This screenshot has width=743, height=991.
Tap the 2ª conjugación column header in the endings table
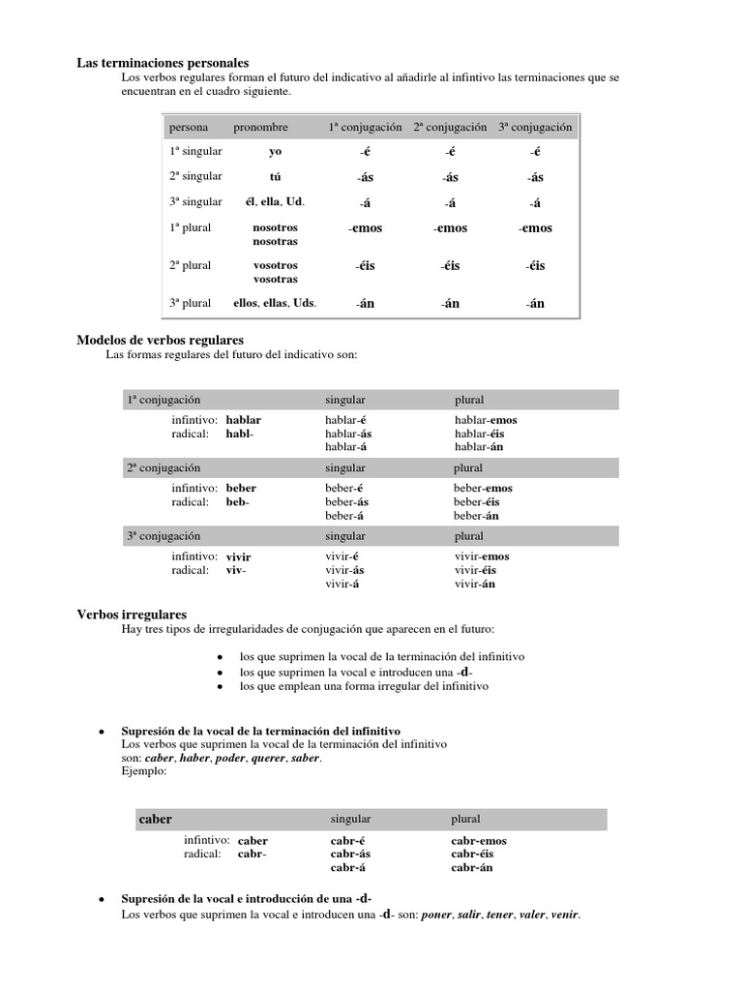pyautogui.click(x=450, y=127)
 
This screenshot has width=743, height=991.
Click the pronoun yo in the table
pyautogui.click(x=275, y=152)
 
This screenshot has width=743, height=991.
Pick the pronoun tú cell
pyautogui.click(x=275, y=177)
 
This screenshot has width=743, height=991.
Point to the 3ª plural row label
pyautogui.click(x=190, y=303)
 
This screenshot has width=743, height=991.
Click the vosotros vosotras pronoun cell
pyautogui.click(x=275, y=272)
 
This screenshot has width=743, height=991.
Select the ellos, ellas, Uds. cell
pyautogui.click(x=275, y=303)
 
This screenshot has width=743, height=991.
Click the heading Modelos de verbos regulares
pyautogui.click(x=160, y=340)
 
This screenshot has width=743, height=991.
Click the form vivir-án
pyautogui.click(x=475, y=584)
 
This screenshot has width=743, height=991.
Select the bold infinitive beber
pyautogui.click(x=241, y=489)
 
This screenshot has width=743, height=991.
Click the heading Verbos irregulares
pyautogui.click(x=132, y=615)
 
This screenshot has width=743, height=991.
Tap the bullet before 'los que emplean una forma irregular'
pyautogui.click(x=222, y=686)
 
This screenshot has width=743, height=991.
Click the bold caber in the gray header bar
pyautogui.click(x=155, y=819)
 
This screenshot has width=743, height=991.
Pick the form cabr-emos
pyautogui.click(x=478, y=841)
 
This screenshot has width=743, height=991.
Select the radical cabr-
pyautogui.click(x=252, y=855)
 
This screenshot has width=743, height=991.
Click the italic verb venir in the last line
pyautogui.click(x=564, y=915)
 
